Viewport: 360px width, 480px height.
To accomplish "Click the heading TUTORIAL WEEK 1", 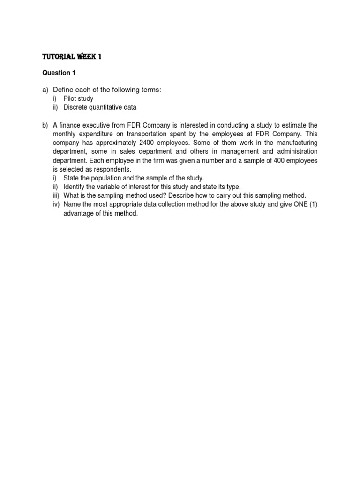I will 72,57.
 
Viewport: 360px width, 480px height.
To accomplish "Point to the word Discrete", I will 76,107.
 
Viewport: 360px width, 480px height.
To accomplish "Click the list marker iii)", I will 56,195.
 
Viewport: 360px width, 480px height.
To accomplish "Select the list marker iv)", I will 56,204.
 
